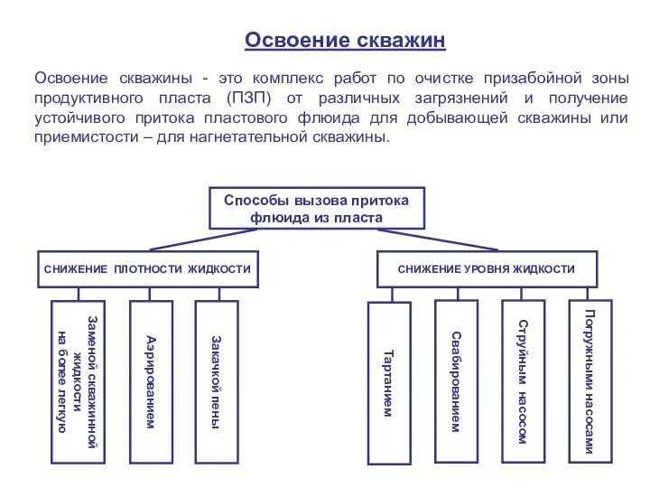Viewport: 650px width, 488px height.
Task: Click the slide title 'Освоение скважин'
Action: coord(346,41)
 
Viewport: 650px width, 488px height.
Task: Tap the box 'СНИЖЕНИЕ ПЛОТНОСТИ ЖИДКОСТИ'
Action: coord(147,269)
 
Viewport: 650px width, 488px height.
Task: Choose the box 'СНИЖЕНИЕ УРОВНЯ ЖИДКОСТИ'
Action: coord(487,269)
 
